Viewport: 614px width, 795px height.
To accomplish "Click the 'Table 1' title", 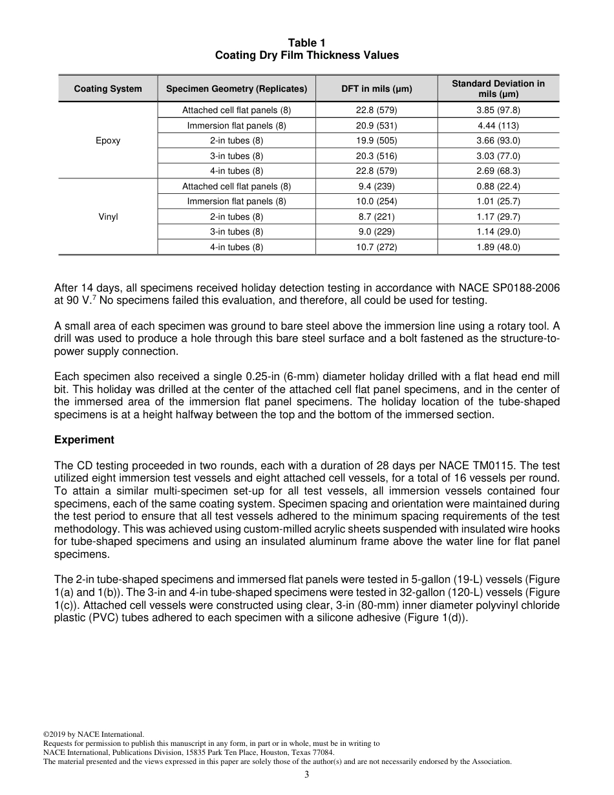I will point(307,43).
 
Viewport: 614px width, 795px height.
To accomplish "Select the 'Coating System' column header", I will point(108,89).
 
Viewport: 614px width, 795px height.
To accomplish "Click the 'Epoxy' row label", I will point(108,140).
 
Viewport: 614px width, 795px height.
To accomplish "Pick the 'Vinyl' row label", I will point(108,217).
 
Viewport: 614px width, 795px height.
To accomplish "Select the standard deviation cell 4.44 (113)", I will point(498,125).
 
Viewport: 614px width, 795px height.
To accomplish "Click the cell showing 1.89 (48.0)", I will point(498,247).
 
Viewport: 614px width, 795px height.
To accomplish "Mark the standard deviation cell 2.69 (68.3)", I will point(498,171).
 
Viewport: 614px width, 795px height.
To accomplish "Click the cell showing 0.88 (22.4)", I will point(498,186).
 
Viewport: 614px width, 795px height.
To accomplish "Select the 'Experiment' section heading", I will point(84,440).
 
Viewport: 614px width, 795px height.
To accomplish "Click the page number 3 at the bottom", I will point(307,775).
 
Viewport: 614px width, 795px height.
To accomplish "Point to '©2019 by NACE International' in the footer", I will point(93,734).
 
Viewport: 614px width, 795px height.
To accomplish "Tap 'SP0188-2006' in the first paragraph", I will point(529,288).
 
